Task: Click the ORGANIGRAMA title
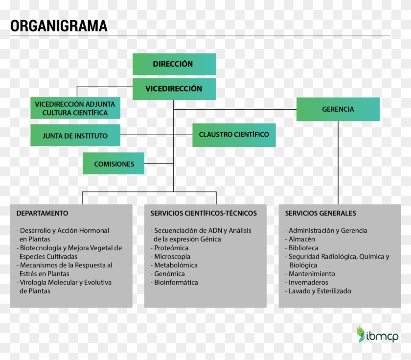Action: click(59, 25)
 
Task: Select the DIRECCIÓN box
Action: click(174, 64)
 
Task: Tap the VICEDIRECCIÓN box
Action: click(174, 89)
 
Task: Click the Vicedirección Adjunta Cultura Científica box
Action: click(75, 108)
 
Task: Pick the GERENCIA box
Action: click(338, 109)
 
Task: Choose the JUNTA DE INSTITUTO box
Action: click(75, 136)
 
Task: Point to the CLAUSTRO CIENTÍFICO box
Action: click(234, 135)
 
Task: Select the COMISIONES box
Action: click(114, 164)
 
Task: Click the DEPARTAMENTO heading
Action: click(42, 214)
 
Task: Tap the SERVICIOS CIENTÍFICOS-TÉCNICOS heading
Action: click(204, 214)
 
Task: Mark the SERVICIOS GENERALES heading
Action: click(320, 214)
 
